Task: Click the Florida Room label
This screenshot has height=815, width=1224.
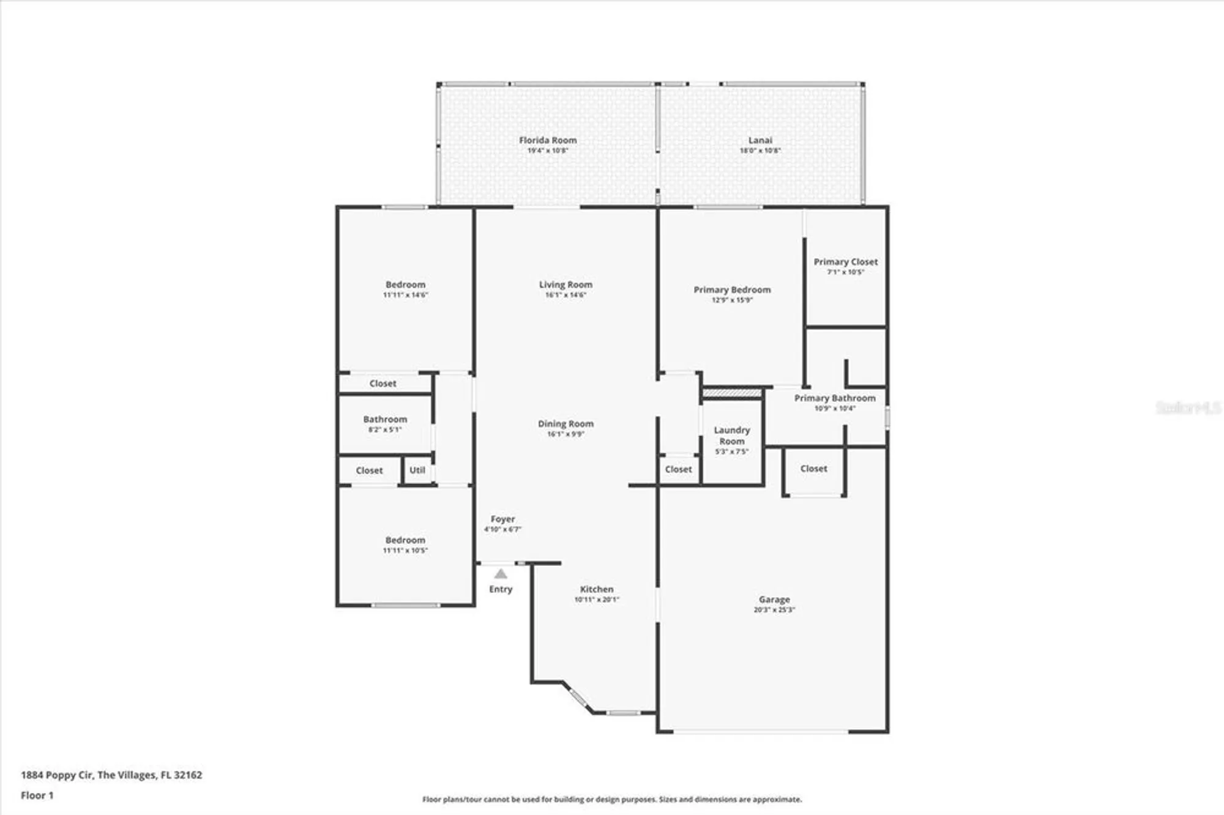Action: point(548,140)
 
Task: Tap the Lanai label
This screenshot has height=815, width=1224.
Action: point(760,140)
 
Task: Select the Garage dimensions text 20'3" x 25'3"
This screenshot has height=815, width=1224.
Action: point(774,610)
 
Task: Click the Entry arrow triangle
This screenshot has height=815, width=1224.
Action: point(501,574)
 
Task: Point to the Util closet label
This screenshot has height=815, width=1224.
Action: point(417,470)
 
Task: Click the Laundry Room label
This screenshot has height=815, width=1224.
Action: point(732,436)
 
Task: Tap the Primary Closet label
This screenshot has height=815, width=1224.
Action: point(846,262)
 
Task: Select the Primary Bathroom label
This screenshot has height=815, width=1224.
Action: point(835,398)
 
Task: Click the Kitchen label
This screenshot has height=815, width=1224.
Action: point(597,589)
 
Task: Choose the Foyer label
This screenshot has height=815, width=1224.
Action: point(502,519)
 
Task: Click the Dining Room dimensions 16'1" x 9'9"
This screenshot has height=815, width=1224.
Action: point(565,434)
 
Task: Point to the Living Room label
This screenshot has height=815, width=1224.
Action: point(565,285)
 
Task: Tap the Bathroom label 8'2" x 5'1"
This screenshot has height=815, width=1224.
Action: point(385,420)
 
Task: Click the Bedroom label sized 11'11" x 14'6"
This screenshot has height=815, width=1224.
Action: point(405,285)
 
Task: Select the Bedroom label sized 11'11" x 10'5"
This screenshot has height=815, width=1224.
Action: point(405,540)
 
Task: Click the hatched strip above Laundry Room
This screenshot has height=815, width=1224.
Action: point(732,393)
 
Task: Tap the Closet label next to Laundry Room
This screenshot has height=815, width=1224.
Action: point(678,469)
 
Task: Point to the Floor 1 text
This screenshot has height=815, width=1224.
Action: point(37,795)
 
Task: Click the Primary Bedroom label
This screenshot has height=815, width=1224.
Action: point(732,290)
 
